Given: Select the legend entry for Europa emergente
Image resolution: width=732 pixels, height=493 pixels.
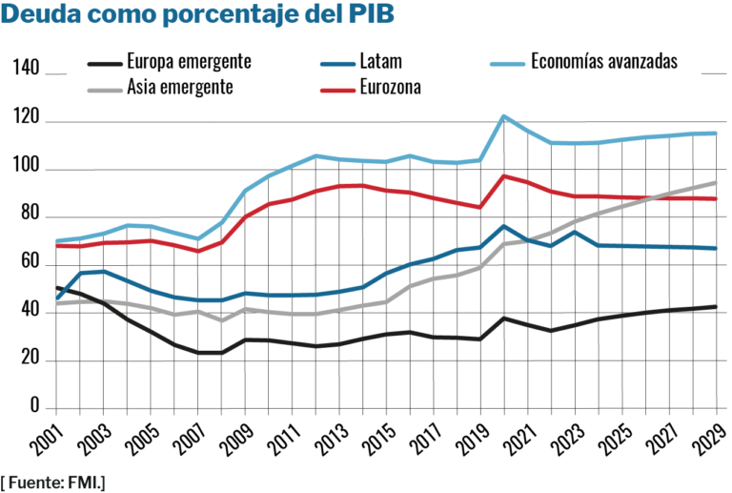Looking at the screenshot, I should [189, 62].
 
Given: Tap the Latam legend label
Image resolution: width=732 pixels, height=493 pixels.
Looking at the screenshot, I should [382, 62].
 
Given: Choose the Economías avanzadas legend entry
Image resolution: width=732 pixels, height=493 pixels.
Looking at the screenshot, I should [603, 62].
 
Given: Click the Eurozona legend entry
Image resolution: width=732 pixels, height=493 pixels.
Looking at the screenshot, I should [392, 87].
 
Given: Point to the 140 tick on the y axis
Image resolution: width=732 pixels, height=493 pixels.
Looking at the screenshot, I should [26, 70].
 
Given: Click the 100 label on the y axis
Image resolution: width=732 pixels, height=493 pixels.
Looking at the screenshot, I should [26, 170].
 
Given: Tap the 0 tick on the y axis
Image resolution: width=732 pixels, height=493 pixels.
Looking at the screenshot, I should [33, 408].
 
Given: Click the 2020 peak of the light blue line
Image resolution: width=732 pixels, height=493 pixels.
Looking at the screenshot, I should [504, 116].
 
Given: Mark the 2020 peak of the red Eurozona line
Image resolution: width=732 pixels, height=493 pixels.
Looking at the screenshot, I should [504, 175].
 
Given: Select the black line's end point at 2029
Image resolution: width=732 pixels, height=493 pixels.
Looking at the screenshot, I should [716, 306].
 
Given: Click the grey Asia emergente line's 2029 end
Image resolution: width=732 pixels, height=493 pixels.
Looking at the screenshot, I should [716, 182].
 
